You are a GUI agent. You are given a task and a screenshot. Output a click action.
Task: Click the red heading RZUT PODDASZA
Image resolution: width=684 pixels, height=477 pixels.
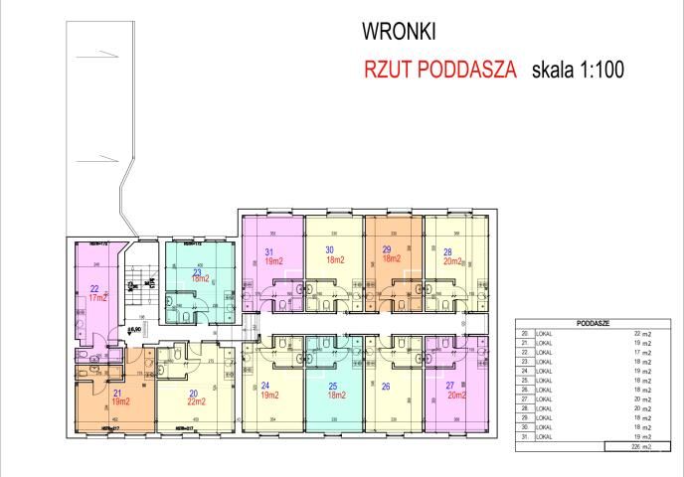pos(439,71)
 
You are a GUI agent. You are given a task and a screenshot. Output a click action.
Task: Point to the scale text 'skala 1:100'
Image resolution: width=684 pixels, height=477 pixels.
pos(578,71)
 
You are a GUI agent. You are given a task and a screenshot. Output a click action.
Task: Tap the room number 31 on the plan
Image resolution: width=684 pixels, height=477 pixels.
pos(268,252)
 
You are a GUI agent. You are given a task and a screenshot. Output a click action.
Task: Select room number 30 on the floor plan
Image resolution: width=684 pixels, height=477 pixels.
pos(329,249)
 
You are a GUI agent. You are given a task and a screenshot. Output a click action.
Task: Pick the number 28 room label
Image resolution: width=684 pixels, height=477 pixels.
pos(448,251)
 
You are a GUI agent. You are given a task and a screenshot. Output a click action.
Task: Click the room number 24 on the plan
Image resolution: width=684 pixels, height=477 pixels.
pos(265,387)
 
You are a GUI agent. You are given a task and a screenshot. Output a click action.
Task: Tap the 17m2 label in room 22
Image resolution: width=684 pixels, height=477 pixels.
pos(96,297)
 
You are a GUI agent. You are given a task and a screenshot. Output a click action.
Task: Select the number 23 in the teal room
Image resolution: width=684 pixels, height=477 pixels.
pos(197,271)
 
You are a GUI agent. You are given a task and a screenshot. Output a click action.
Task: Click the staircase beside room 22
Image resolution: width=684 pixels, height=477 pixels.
pos(138,288)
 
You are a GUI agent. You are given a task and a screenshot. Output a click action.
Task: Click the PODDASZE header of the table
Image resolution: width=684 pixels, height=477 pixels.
pos(594,324)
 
